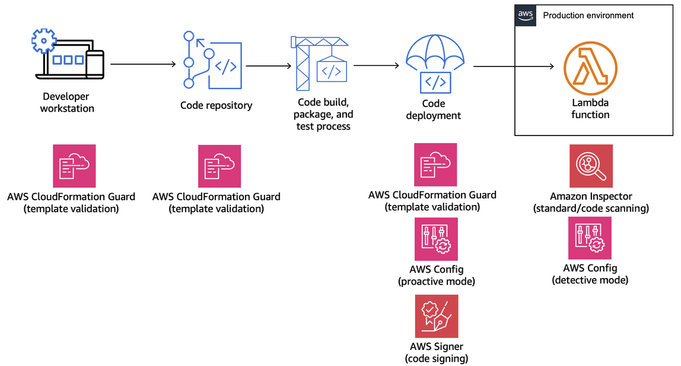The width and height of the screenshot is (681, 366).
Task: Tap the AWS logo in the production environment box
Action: (525, 15)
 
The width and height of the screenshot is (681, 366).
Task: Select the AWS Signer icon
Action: (436, 316)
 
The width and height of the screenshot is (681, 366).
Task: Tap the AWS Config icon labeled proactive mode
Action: (436, 239)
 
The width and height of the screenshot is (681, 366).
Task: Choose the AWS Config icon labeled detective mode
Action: (590, 238)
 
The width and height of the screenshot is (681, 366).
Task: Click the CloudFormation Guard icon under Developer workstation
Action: (74, 166)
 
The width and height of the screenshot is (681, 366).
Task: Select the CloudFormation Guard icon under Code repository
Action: (219, 166)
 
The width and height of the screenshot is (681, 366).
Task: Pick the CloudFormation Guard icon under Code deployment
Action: (435, 165)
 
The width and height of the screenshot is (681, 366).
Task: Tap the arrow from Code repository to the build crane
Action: (268, 66)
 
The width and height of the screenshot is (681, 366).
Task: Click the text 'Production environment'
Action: (588, 15)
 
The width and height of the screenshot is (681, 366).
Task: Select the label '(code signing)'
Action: (436, 358)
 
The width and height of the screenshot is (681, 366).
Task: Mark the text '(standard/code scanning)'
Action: (591, 209)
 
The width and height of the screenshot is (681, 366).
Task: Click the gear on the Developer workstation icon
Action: (43, 40)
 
